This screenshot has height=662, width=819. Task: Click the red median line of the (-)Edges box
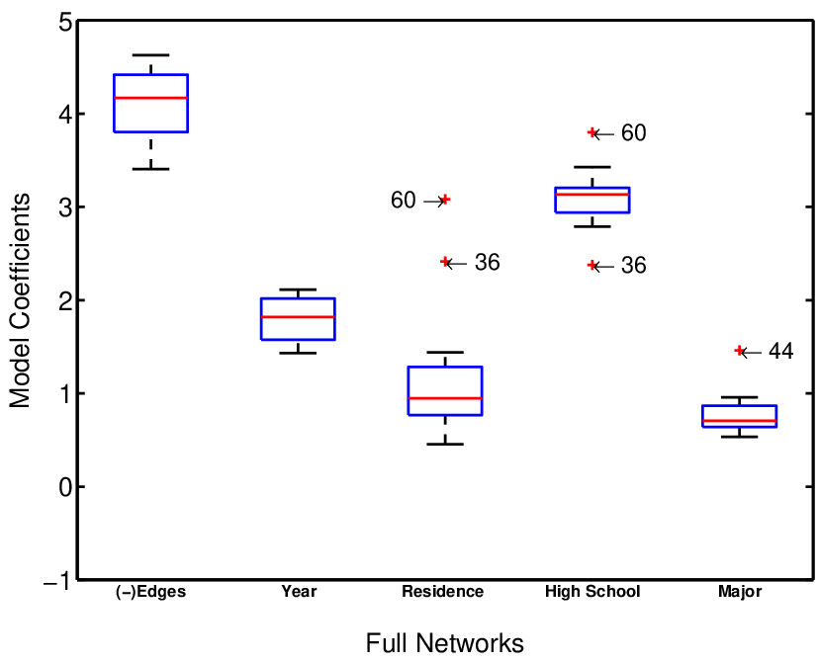tap(151, 98)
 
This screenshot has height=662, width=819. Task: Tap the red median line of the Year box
tap(299, 316)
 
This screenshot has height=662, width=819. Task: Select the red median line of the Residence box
tap(445, 398)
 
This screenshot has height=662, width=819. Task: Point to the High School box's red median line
tap(592, 194)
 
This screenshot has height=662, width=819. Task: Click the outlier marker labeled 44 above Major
tap(739, 351)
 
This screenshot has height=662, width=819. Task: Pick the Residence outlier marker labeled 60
tap(445, 200)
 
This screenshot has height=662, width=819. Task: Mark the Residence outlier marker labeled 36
tap(445, 262)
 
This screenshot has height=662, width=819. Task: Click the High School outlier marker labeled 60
tap(592, 132)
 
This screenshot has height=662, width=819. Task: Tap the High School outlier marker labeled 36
tap(592, 265)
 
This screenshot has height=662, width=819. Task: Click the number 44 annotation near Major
tap(780, 351)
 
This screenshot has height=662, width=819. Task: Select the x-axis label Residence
tap(443, 592)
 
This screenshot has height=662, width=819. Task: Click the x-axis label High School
tap(592, 592)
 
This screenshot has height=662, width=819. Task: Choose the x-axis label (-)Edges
tap(151, 592)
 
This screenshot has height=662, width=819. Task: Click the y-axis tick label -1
tap(57, 581)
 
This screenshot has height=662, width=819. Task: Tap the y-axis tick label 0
tap(64, 487)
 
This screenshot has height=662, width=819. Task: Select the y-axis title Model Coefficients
tap(20, 300)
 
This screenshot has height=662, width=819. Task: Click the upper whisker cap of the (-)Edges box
tap(151, 54)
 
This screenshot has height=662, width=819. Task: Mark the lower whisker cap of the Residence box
tap(445, 444)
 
